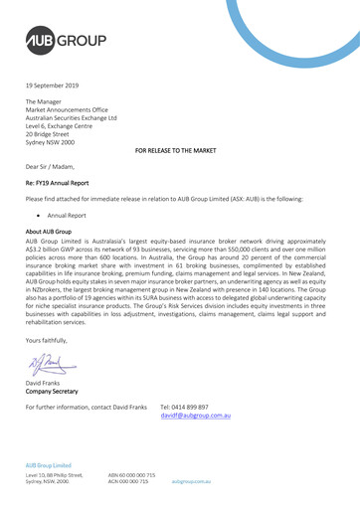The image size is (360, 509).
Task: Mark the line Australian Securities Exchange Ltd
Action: click(84, 116)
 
